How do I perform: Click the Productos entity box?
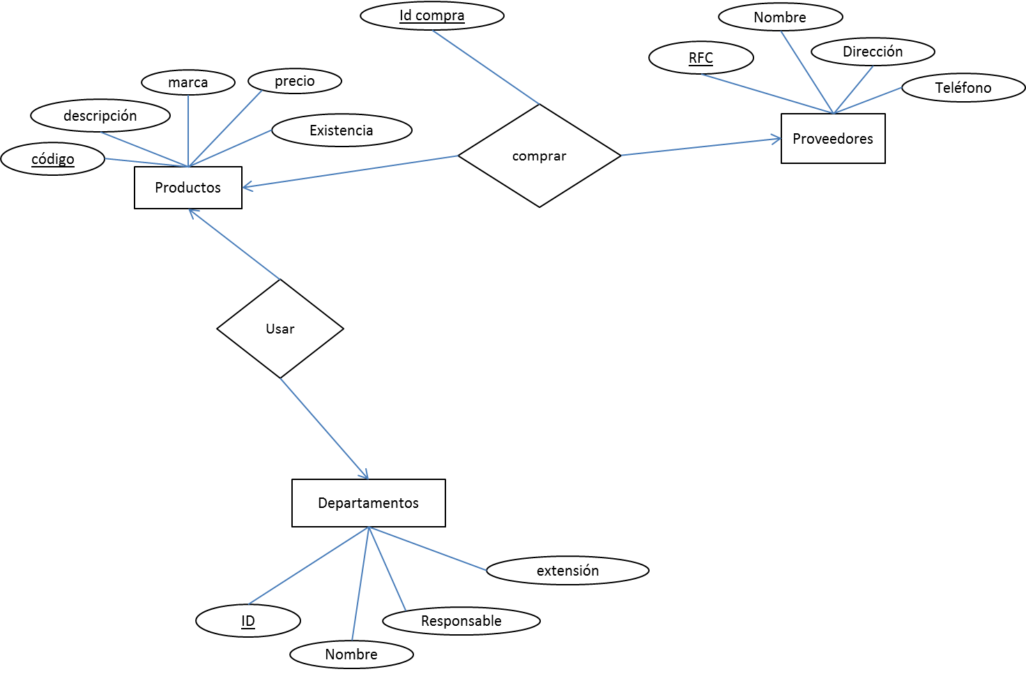[x=188, y=188]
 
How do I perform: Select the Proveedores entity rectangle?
[x=833, y=139]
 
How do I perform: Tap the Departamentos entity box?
[x=368, y=503]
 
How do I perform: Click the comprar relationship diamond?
[x=539, y=156]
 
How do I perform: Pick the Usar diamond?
[x=280, y=329]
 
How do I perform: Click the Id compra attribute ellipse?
[x=432, y=16]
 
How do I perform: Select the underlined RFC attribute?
[x=700, y=58]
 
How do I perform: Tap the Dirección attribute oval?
[x=873, y=52]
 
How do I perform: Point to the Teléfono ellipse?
[x=963, y=88]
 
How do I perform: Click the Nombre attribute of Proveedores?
[x=780, y=17]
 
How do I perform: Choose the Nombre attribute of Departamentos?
[x=351, y=654]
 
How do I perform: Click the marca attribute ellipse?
[x=188, y=82]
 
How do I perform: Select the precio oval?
[x=295, y=81]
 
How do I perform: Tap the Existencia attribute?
[x=342, y=130]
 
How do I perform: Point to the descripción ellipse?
[x=100, y=116]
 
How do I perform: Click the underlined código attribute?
[x=53, y=159]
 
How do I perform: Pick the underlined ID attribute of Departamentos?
[x=248, y=621]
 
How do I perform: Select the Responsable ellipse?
[x=461, y=621]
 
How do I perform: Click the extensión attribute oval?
[x=567, y=571]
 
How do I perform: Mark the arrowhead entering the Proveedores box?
[x=778, y=140]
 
